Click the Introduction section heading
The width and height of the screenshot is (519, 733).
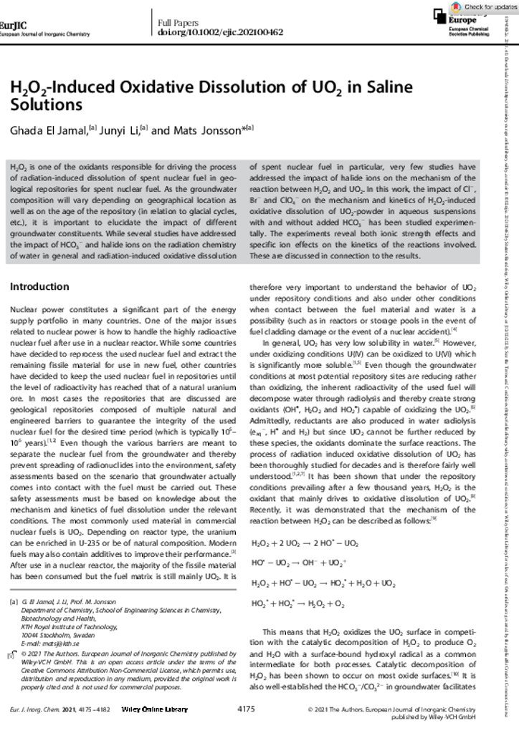point(39,287)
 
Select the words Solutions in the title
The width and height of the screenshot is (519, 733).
point(46,105)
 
